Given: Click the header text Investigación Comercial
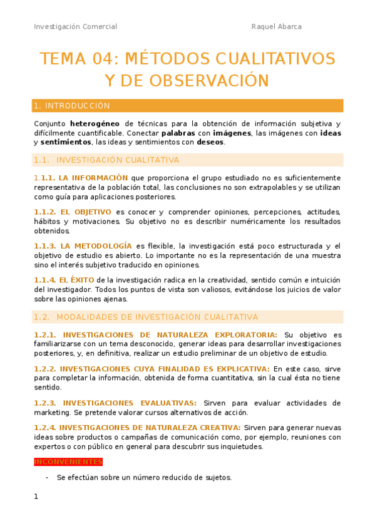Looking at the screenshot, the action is coord(75,26).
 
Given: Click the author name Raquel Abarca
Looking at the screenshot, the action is coord(276,26).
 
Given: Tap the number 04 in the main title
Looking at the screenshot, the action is coord(101,59).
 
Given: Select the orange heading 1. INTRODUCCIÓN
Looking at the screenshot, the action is coord(72,106).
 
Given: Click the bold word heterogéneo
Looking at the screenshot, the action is coord(95,123).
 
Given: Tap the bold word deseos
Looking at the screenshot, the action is coord(210,142).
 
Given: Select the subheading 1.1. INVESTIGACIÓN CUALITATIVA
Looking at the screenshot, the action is coord(106,160).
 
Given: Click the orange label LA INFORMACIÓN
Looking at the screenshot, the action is coord(94,178).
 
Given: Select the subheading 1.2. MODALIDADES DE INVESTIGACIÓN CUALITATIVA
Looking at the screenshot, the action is coord(146,317).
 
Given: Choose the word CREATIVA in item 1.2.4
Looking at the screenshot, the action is coord(218,427).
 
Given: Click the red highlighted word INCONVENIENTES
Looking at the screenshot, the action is coord(68,461).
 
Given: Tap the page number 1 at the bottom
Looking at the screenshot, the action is coord(36,497).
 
